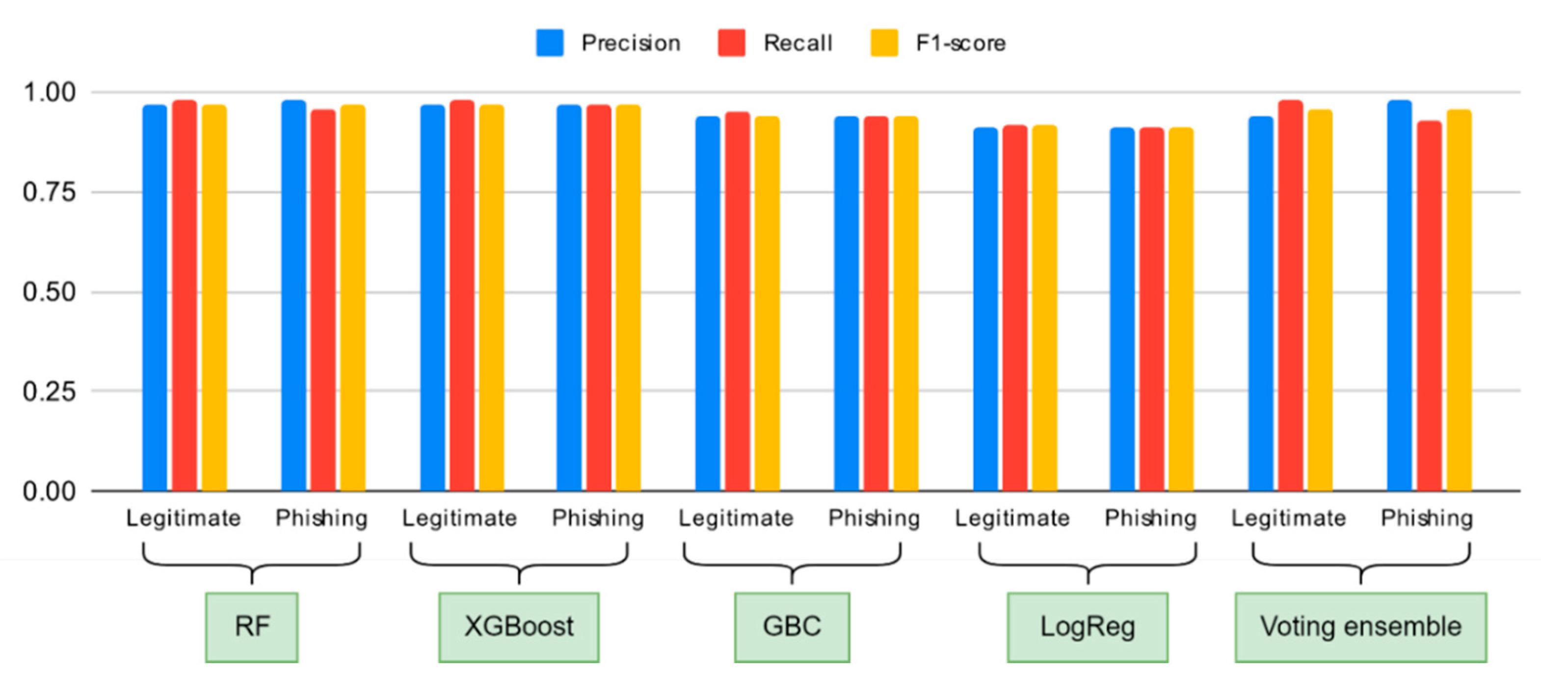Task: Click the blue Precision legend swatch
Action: click(549, 43)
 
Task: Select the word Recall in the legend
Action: click(797, 43)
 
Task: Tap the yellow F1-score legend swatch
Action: click(883, 43)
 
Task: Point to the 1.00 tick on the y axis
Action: click(49, 92)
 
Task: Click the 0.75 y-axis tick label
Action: click(49, 192)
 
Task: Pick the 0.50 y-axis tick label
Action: click(49, 292)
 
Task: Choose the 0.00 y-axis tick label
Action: click(49, 491)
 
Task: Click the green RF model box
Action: click(251, 627)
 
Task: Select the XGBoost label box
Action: click(519, 627)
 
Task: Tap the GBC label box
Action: click(792, 627)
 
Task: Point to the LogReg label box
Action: click(1087, 627)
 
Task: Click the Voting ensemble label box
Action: click(1360, 627)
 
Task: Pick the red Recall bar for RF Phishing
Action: click(323, 299)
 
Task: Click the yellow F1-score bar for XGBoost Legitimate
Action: click(491, 299)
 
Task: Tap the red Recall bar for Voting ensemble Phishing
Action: click(1429, 305)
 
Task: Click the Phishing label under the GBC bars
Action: click(874, 518)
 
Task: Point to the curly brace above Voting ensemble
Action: click(1360, 562)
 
